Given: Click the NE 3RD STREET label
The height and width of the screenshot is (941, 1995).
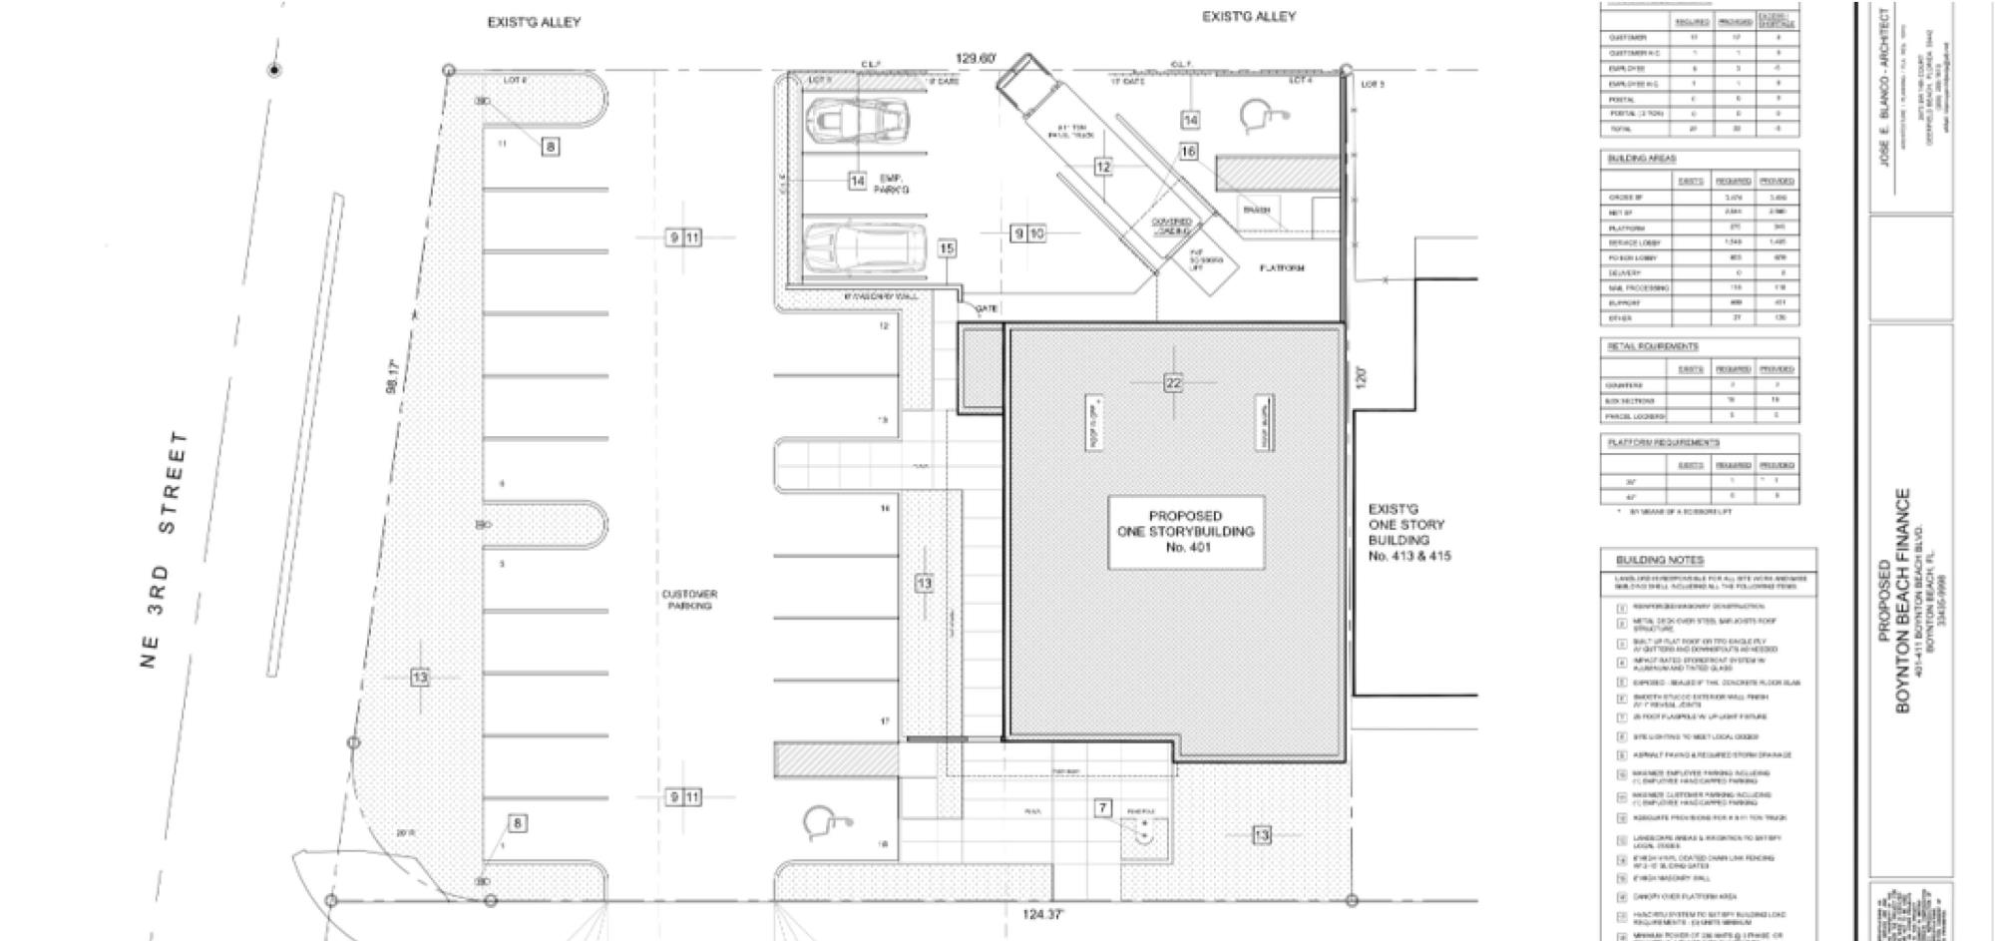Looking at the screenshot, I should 165,550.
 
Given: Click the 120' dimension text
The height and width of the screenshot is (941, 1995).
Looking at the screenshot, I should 1362,376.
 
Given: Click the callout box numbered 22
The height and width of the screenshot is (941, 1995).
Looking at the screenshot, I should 1173,383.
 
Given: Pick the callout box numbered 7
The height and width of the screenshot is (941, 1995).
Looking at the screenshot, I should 1102,808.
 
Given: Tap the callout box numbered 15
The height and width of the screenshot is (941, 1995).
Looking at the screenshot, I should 947,248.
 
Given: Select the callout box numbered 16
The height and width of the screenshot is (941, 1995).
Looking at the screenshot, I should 1188,152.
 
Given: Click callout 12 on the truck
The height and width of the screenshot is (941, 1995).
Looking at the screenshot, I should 1102,168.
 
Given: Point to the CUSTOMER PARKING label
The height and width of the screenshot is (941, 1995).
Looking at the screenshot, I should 689,600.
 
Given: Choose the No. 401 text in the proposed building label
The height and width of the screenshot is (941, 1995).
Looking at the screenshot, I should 1186,546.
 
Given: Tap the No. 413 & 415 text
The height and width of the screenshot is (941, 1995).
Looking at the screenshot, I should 1409,556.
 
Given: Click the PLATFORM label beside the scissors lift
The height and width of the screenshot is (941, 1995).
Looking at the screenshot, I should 1282,268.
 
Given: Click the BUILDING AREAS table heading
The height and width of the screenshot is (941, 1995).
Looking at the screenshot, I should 1641,159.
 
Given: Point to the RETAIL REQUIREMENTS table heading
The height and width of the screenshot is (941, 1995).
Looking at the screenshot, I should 1652,346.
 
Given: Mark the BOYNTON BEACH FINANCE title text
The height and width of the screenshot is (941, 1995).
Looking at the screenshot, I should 1902,600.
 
